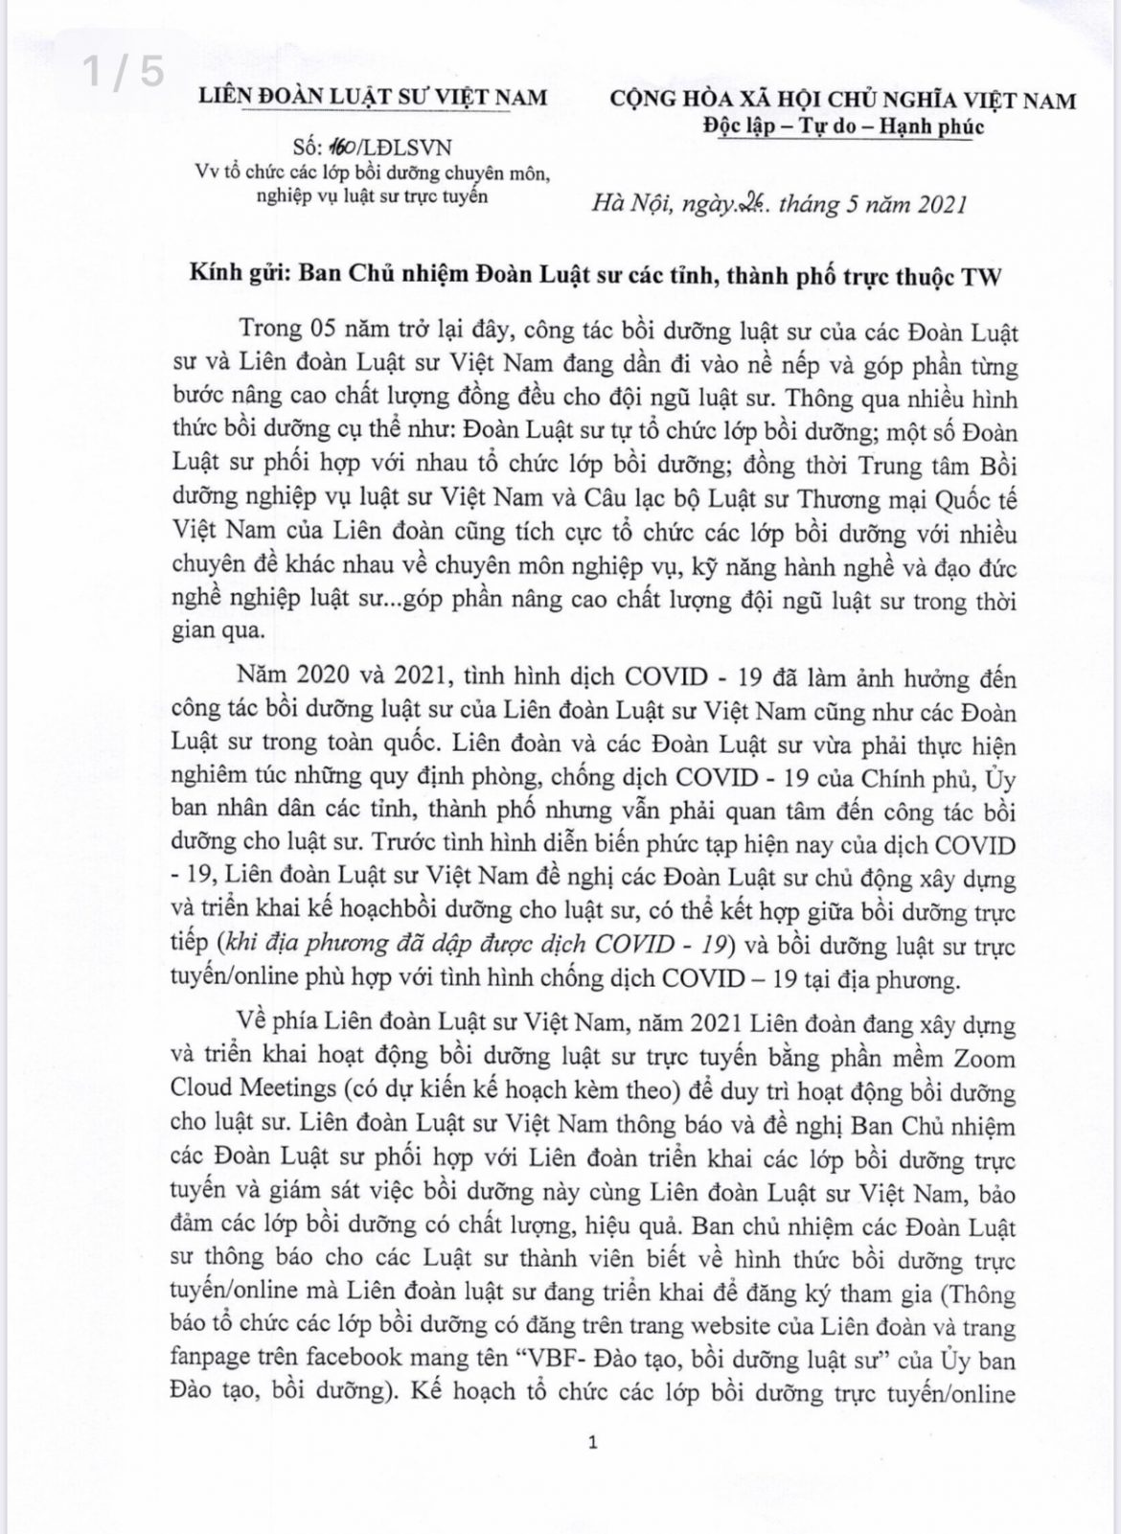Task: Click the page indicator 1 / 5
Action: pyautogui.click(x=124, y=72)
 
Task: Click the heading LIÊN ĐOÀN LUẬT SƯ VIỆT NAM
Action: pyautogui.click(x=373, y=97)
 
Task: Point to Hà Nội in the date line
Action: pyautogui.click(x=629, y=204)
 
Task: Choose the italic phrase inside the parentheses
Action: pyautogui.click(x=473, y=944)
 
